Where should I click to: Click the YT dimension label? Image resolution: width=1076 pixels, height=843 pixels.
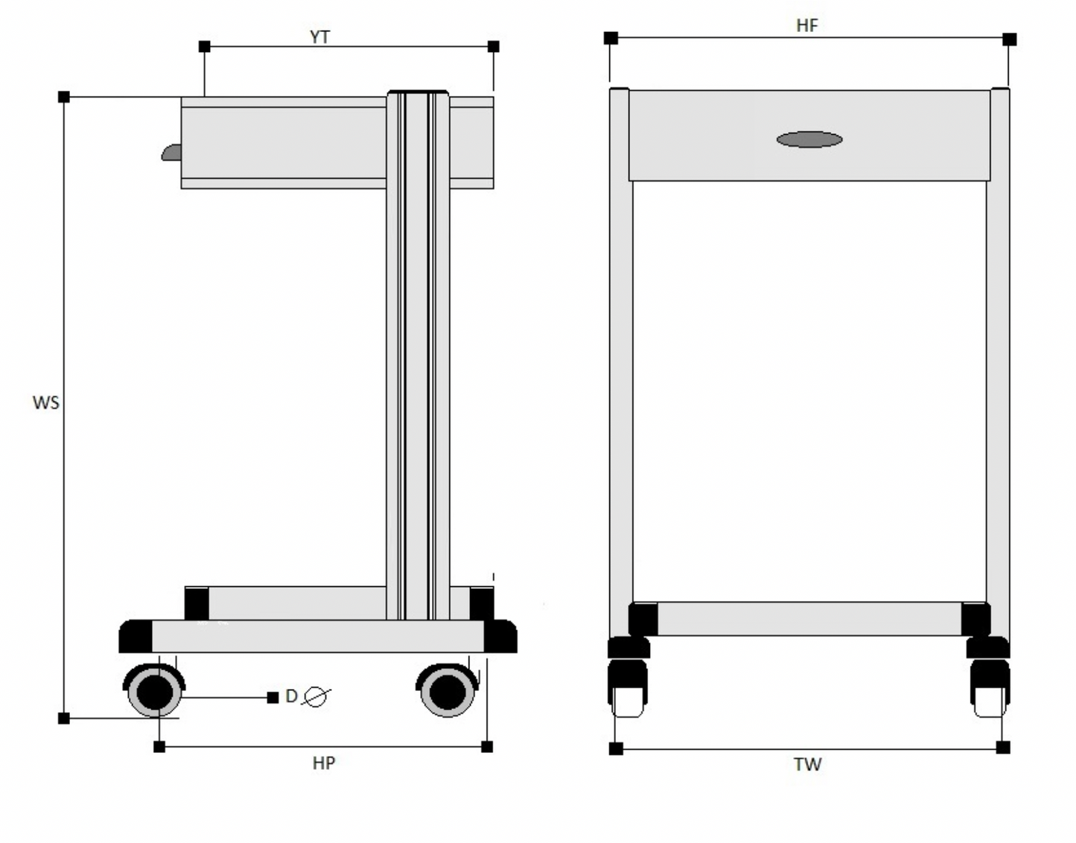(319, 36)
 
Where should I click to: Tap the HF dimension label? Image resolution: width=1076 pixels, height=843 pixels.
(806, 25)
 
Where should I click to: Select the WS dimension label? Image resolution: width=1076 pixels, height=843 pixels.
(45, 402)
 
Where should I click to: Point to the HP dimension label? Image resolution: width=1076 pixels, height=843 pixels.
(323, 763)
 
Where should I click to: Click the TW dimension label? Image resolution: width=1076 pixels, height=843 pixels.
(807, 764)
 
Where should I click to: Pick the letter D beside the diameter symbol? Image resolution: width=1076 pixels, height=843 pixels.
(291, 696)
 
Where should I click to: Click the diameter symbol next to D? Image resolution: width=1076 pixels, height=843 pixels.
(316, 697)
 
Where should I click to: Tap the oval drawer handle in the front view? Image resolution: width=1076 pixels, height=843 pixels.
(809, 139)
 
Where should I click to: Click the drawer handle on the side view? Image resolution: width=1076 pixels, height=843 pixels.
(171, 153)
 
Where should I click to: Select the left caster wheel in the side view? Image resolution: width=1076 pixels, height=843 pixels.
(154, 691)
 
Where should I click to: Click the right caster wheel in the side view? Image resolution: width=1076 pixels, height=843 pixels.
(447, 690)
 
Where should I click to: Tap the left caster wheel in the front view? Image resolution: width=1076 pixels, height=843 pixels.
(627, 689)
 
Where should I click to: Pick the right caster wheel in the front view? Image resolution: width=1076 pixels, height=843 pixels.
(990, 689)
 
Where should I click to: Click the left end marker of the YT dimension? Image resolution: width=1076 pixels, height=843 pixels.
(205, 46)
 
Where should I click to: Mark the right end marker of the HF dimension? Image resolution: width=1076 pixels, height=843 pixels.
(1009, 39)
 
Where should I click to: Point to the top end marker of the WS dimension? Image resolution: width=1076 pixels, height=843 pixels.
(64, 97)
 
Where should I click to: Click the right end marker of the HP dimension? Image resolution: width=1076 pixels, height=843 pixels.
(487, 746)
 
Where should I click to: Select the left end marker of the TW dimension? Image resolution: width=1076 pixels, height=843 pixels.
(616, 748)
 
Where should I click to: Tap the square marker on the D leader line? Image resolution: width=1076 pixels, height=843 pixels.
(273, 698)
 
